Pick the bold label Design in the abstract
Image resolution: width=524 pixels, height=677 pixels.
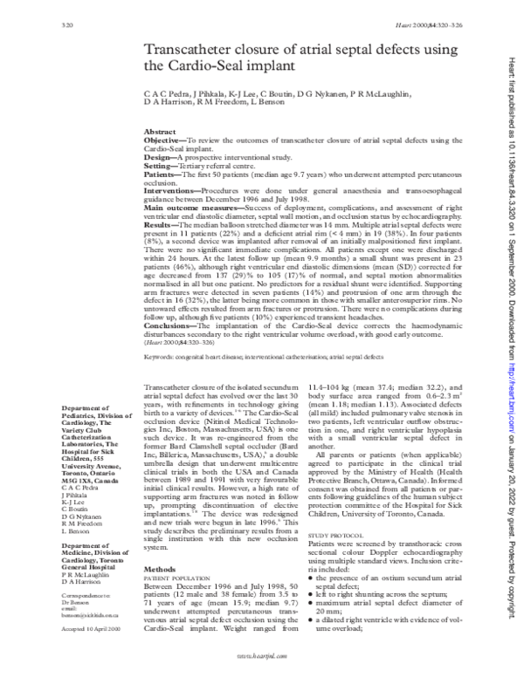tap(157, 156)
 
